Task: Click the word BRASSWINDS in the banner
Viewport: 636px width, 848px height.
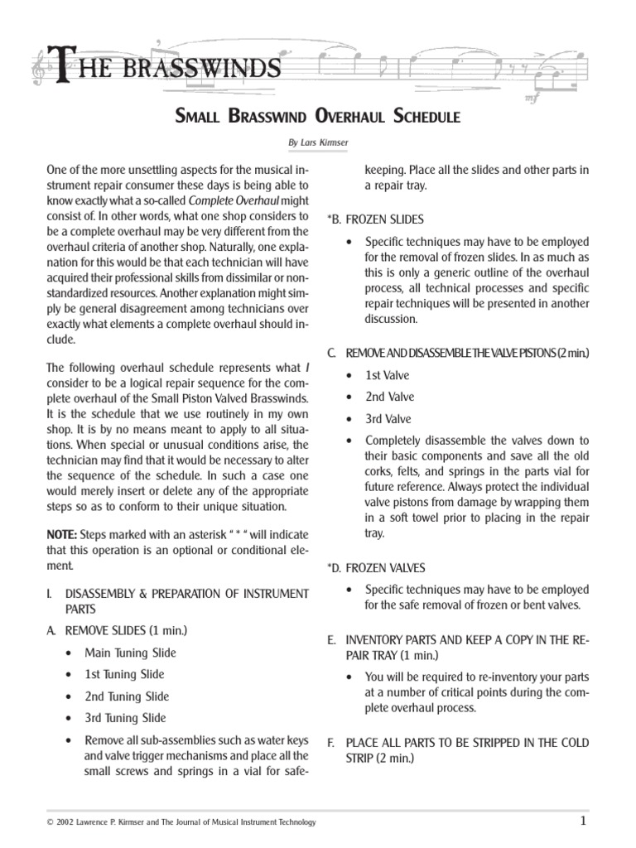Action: pos(200,67)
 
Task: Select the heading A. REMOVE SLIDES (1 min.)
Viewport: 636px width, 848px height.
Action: pos(117,630)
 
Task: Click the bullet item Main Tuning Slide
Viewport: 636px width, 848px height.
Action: pos(130,653)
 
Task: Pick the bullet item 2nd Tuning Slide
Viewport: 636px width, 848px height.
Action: pos(127,696)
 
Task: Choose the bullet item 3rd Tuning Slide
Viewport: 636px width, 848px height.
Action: pos(126,718)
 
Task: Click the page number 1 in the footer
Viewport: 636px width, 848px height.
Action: pos(583,821)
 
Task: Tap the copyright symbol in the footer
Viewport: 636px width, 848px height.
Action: pos(52,822)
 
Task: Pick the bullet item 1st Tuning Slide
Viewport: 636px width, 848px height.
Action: pos(125,674)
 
